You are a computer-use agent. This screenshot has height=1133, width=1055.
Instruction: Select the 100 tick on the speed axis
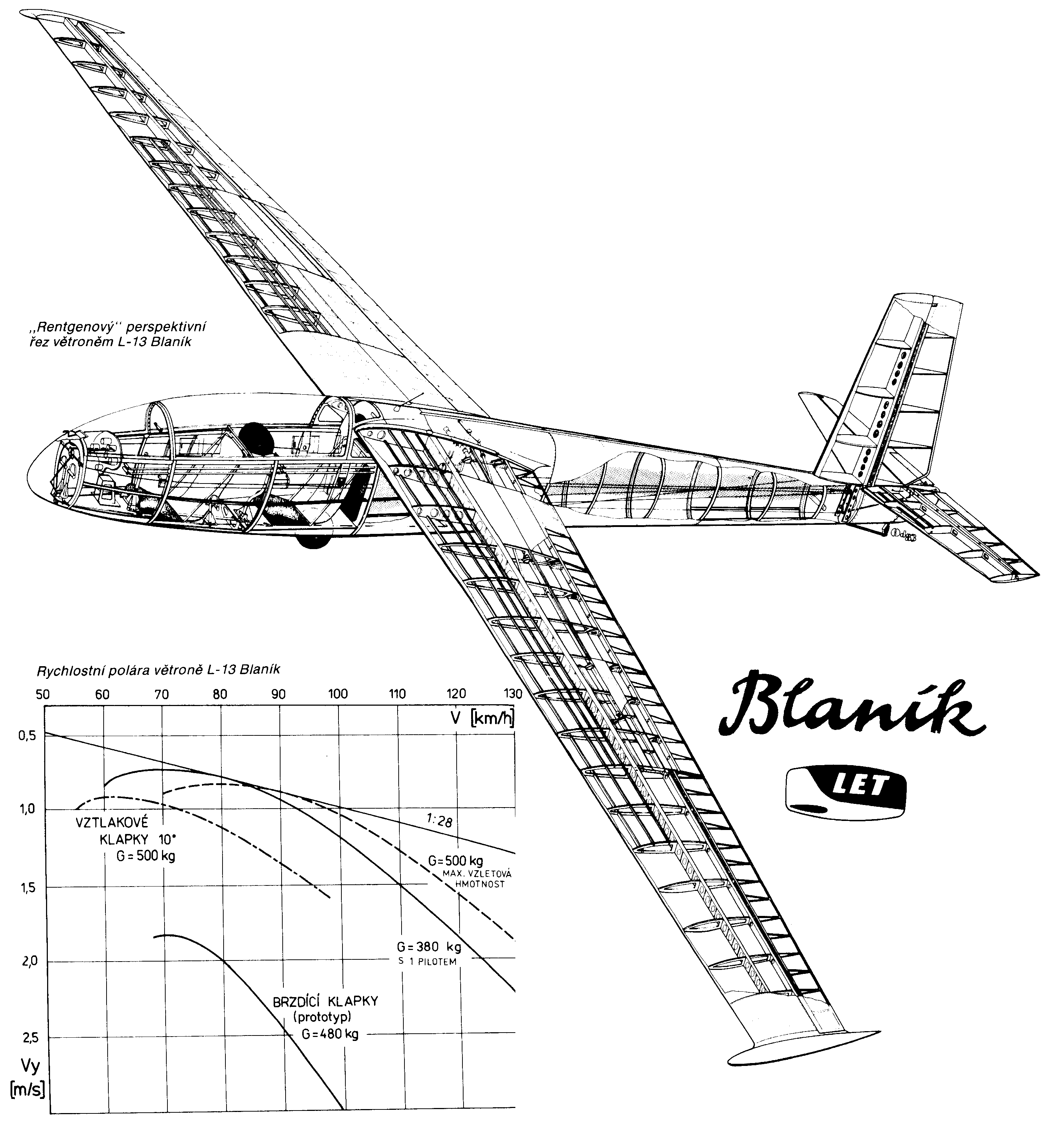[338, 694]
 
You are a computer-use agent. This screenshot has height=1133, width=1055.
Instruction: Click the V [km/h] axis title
[482, 719]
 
